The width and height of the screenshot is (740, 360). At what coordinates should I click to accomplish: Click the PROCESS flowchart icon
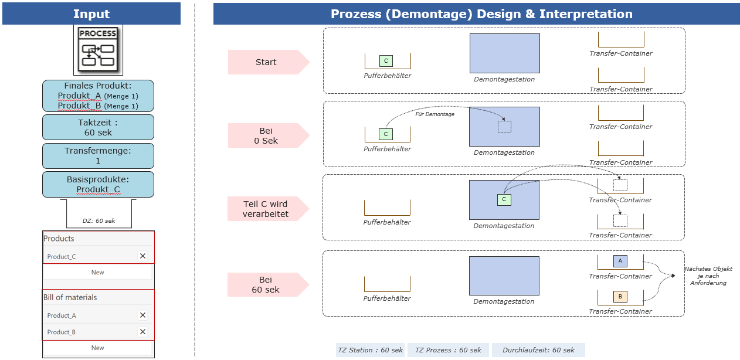(x=98, y=50)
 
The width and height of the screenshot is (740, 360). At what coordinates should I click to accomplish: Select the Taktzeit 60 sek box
(x=98, y=127)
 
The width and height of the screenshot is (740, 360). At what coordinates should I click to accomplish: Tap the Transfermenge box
(x=98, y=156)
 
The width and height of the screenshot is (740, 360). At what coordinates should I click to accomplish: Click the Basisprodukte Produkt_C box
(x=98, y=184)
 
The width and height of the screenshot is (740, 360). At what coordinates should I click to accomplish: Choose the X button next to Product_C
(x=142, y=256)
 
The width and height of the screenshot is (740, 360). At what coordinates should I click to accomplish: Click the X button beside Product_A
(x=142, y=315)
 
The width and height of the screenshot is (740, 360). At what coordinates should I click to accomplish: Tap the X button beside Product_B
(x=142, y=332)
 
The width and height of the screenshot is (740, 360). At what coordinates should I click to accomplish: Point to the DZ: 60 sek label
(x=99, y=220)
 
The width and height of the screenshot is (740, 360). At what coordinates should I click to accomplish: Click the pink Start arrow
(x=269, y=62)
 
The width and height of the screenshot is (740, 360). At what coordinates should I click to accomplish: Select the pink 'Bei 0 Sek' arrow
(x=269, y=135)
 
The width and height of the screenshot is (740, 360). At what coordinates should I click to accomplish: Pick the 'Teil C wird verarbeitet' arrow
(x=268, y=209)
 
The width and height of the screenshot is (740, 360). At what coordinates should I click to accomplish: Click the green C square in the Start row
(x=386, y=61)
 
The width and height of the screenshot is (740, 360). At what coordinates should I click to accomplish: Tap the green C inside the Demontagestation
(x=504, y=199)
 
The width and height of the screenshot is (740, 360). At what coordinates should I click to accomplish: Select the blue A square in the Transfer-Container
(x=620, y=261)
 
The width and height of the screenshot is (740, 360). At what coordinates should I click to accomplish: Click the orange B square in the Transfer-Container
(x=620, y=297)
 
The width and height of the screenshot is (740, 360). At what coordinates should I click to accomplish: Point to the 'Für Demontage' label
(x=435, y=114)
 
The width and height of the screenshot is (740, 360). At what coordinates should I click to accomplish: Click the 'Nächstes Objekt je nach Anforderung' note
(x=708, y=276)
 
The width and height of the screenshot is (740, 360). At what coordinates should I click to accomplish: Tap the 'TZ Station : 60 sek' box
(x=371, y=350)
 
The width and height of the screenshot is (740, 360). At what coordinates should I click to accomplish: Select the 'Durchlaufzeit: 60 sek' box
(x=538, y=350)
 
